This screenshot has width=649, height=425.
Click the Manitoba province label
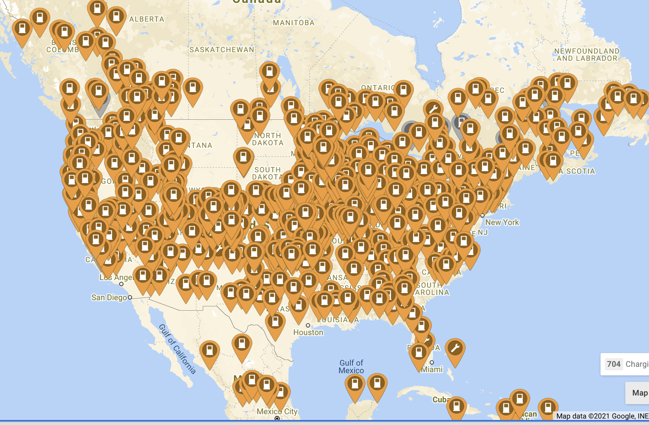[293, 23]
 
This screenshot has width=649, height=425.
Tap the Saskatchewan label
[221, 50]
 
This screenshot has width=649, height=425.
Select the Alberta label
[146, 19]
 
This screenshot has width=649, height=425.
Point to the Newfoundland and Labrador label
[587, 55]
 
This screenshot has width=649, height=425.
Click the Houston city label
[308, 333]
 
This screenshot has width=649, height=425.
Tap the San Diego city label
[109, 298]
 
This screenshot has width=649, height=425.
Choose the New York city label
[502, 223]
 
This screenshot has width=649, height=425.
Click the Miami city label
[432, 370]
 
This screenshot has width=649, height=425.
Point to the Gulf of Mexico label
[351, 366]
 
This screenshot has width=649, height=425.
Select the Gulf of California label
[177, 349]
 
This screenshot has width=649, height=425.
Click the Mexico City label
[277, 411]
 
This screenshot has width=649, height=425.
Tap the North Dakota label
[268, 139]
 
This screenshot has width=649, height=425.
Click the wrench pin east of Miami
[455, 348]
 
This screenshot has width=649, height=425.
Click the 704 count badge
[613, 364]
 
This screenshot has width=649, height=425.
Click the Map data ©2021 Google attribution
[602, 416]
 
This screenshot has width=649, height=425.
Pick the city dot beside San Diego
[130, 297]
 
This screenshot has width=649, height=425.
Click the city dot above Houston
[308, 325]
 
